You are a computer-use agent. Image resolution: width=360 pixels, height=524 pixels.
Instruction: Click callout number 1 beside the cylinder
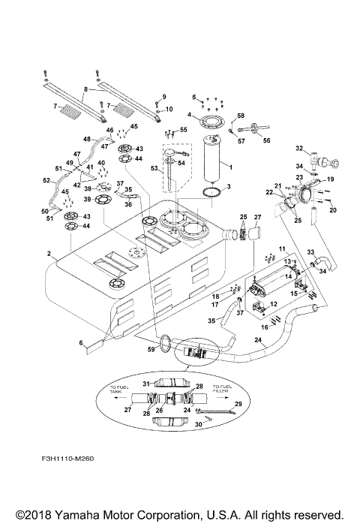click(x=229, y=166)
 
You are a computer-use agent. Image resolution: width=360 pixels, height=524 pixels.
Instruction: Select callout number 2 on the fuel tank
click(x=49, y=254)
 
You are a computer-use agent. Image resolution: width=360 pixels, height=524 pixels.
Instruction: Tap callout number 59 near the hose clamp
click(x=152, y=347)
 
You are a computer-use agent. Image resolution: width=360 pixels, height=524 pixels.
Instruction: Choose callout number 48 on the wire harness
click(x=86, y=140)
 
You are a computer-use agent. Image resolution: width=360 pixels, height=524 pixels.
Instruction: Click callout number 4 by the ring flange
click(x=190, y=115)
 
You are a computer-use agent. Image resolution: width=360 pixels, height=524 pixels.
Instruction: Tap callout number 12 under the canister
click(x=274, y=304)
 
